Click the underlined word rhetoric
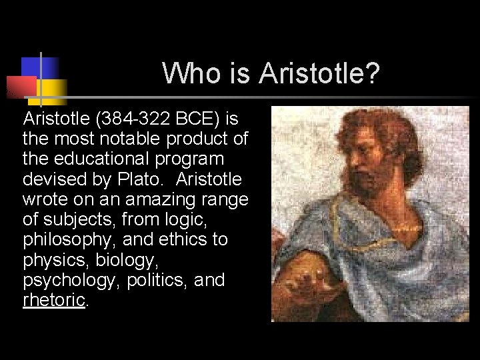[x=54, y=299]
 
